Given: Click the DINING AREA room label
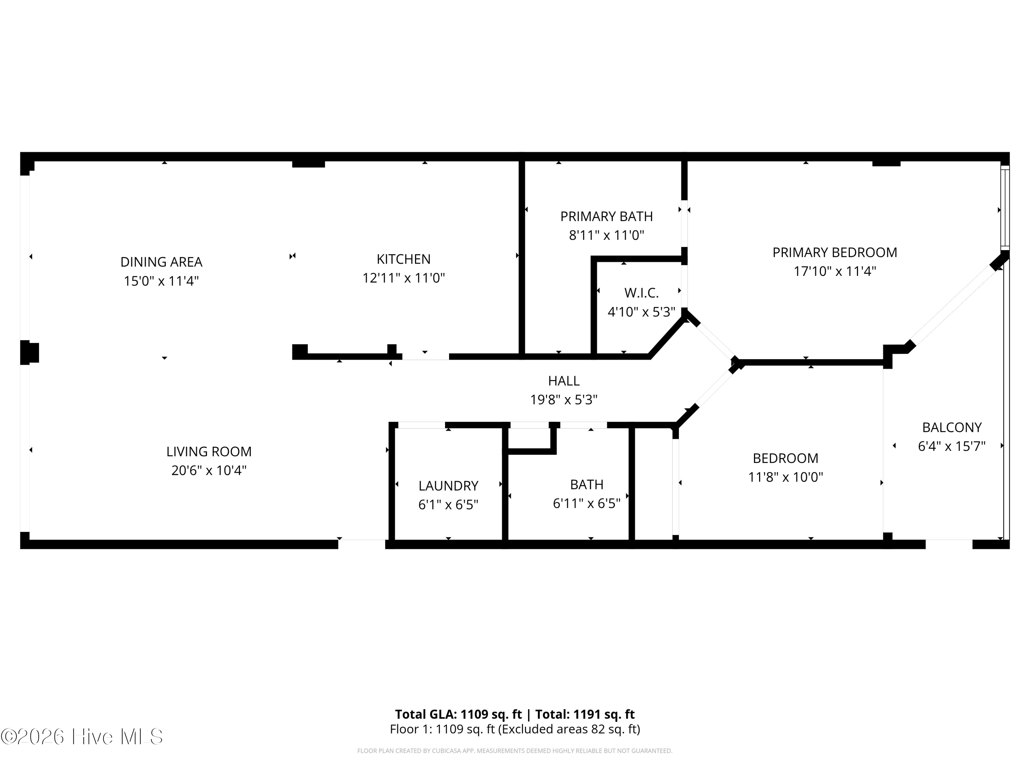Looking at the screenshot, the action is click(x=161, y=262).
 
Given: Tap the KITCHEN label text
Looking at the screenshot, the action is click(x=404, y=259).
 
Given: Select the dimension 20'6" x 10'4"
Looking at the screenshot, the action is click(x=209, y=470).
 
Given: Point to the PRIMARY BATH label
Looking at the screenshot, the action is click(x=606, y=217).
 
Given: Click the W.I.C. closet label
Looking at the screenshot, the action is click(x=642, y=293).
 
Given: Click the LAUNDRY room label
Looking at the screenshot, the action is click(x=448, y=486).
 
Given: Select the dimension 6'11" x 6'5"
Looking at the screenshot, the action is click(x=587, y=503).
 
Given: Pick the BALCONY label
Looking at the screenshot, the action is click(x=952, y=427).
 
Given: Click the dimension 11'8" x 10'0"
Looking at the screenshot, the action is click(x=786, y=477).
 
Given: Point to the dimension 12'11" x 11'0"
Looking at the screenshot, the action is click(x=404, y=278).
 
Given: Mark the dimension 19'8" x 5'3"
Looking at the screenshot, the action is click(x=564, y=400).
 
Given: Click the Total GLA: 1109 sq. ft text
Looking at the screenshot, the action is click(x=458, y=714).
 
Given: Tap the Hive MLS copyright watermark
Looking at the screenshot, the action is click(x=82, y=737).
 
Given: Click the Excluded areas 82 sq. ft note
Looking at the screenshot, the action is click(x=569, y=729).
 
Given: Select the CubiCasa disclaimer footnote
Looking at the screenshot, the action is click(x=515, y=751).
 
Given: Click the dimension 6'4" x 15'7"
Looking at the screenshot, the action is click(x=952, y=446).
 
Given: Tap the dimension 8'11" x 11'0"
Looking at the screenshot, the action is click(x=606, y=235).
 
